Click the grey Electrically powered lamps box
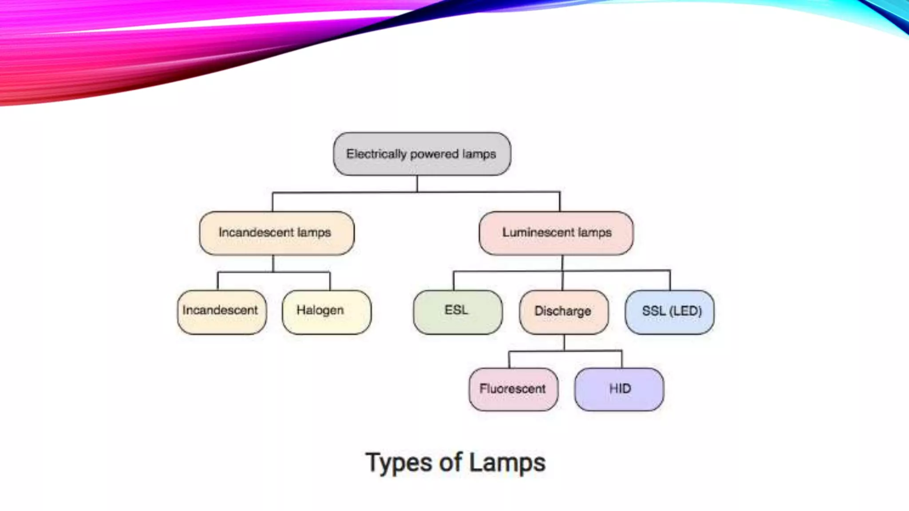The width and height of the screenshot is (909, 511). [x=422, y=154]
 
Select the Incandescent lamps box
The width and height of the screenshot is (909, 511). [x=277, y=233]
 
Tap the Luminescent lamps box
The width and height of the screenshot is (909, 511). [x=556, y=233]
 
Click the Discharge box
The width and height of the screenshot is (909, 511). [x=564, y=312]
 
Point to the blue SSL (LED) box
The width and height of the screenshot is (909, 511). [x=669, y=312]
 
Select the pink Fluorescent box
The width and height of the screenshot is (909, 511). [x=513, y=389]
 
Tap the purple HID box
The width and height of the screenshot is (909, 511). [x=619, y=389]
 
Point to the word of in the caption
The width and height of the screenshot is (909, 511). [x=451, y=462]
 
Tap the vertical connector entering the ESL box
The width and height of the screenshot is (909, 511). [x=454, y=281]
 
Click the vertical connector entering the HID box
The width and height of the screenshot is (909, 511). [x=621, y=359]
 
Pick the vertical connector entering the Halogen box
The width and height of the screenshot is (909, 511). [x=330, y=281]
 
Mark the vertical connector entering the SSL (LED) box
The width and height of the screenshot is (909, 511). [x=670, y=280]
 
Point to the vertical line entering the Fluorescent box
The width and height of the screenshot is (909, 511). [x=509, y=360]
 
